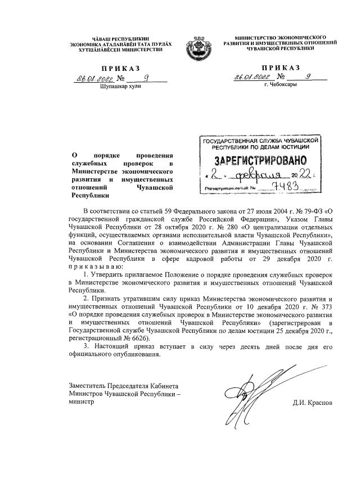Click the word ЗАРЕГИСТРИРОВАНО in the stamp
[259, 161]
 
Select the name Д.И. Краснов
[313, 403]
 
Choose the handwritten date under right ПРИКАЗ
[254, 78]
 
